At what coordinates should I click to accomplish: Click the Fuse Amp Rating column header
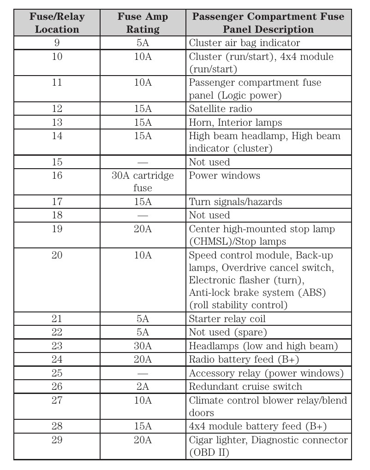[x=143, y=23]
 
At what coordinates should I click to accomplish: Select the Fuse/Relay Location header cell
[x=57, y=23]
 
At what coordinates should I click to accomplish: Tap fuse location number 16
[x=57, y=176]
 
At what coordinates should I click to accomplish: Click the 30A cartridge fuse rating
[x=143, y=182]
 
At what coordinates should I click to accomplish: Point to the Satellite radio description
[x=221, y=109]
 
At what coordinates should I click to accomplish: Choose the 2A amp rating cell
[x=143, y=387]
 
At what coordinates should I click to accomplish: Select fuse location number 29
[x=57, y=440]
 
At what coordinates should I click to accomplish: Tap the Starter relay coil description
[x=227, y=319]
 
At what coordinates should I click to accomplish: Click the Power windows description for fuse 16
[x=225, y=176]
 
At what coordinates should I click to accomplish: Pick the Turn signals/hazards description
[x=235, y=202]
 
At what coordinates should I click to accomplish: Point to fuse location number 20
[x=57, y=255]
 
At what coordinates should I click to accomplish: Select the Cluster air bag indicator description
[x=245, y=43]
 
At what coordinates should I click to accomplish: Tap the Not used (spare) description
[x=228, y=332]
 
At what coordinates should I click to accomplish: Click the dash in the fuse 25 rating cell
[x=143, y=373]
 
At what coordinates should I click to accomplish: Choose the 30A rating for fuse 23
[x=143, y=346]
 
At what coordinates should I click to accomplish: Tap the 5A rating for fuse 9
[x=143, y=43]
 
